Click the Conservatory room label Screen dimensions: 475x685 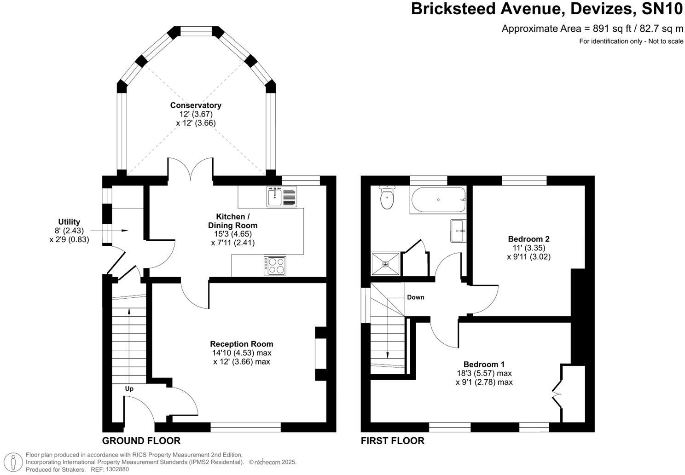[196, 105]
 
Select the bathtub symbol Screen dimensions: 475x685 [437, 200]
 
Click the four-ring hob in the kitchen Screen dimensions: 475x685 [275, 266]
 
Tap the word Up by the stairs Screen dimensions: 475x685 [129, 389]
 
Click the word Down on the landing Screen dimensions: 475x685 [415, 297]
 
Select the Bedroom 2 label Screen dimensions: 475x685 [528, 239]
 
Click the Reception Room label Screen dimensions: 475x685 [241, 344]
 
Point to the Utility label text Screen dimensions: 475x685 [69, 222]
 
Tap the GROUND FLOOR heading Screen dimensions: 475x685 [141, 441]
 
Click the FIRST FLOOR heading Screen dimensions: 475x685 [392, 441]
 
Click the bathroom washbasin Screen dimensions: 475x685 [458, 230]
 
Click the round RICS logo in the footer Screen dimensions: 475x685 [16, 461]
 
